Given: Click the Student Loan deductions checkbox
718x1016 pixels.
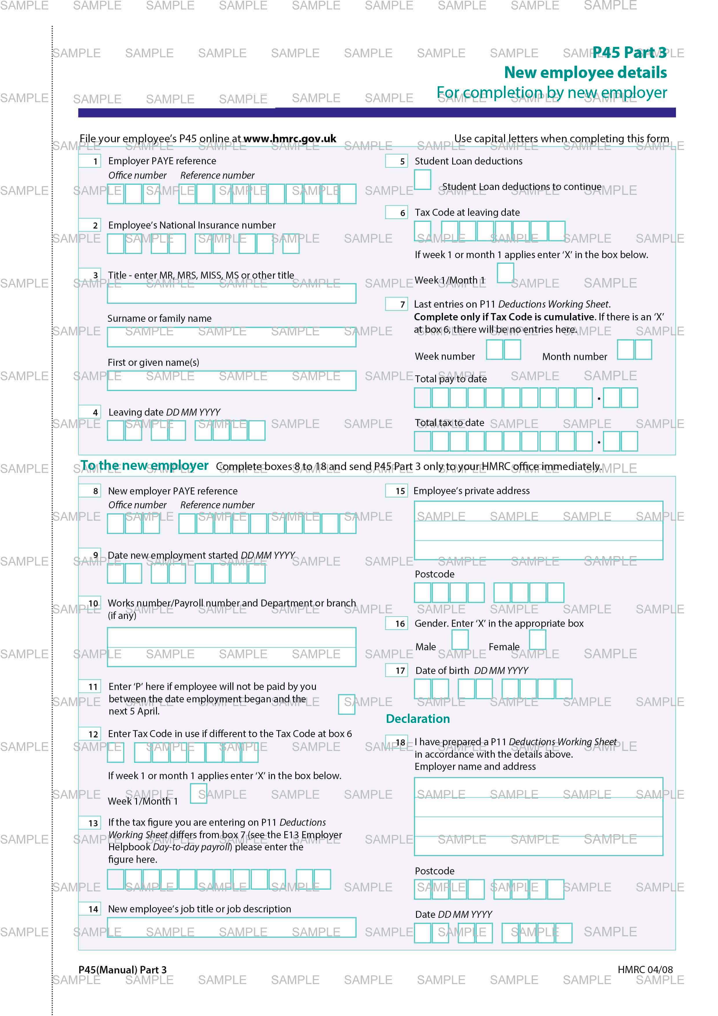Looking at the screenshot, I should pos(422,180).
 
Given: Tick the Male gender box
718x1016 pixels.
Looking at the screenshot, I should pos(460,640).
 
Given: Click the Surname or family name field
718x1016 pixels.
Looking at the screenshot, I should pos(231,337).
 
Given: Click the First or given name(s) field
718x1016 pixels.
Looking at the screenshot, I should pos(231,381).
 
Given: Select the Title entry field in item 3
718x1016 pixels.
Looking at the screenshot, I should pos(231,293).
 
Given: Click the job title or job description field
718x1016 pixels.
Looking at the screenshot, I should pos(231,927).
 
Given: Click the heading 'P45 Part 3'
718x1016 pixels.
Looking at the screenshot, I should pos(629,53).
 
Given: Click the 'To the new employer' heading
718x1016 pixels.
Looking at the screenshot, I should pos(144,465).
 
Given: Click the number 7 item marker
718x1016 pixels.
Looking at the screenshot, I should pos(402,304).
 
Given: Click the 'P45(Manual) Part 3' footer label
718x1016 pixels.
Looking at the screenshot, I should pos(122,970).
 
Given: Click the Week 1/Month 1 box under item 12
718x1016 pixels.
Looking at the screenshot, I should pos(198,793).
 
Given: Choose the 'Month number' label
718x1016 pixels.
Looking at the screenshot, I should pos(574,357).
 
